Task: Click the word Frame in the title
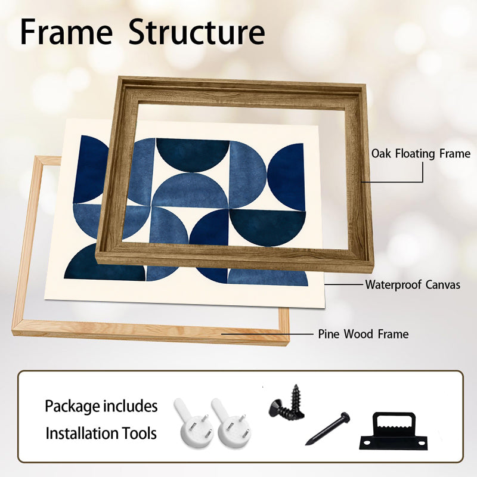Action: [66, 32]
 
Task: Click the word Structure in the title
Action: [197, 32]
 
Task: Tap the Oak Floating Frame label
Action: [421, 154]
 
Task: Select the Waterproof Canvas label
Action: [413, 285]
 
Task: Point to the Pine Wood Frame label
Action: [363, 334]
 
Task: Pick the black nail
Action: [327, 429]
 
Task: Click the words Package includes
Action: [101, 407]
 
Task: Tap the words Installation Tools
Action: [101, 433]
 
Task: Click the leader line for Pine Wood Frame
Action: [267, 334]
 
